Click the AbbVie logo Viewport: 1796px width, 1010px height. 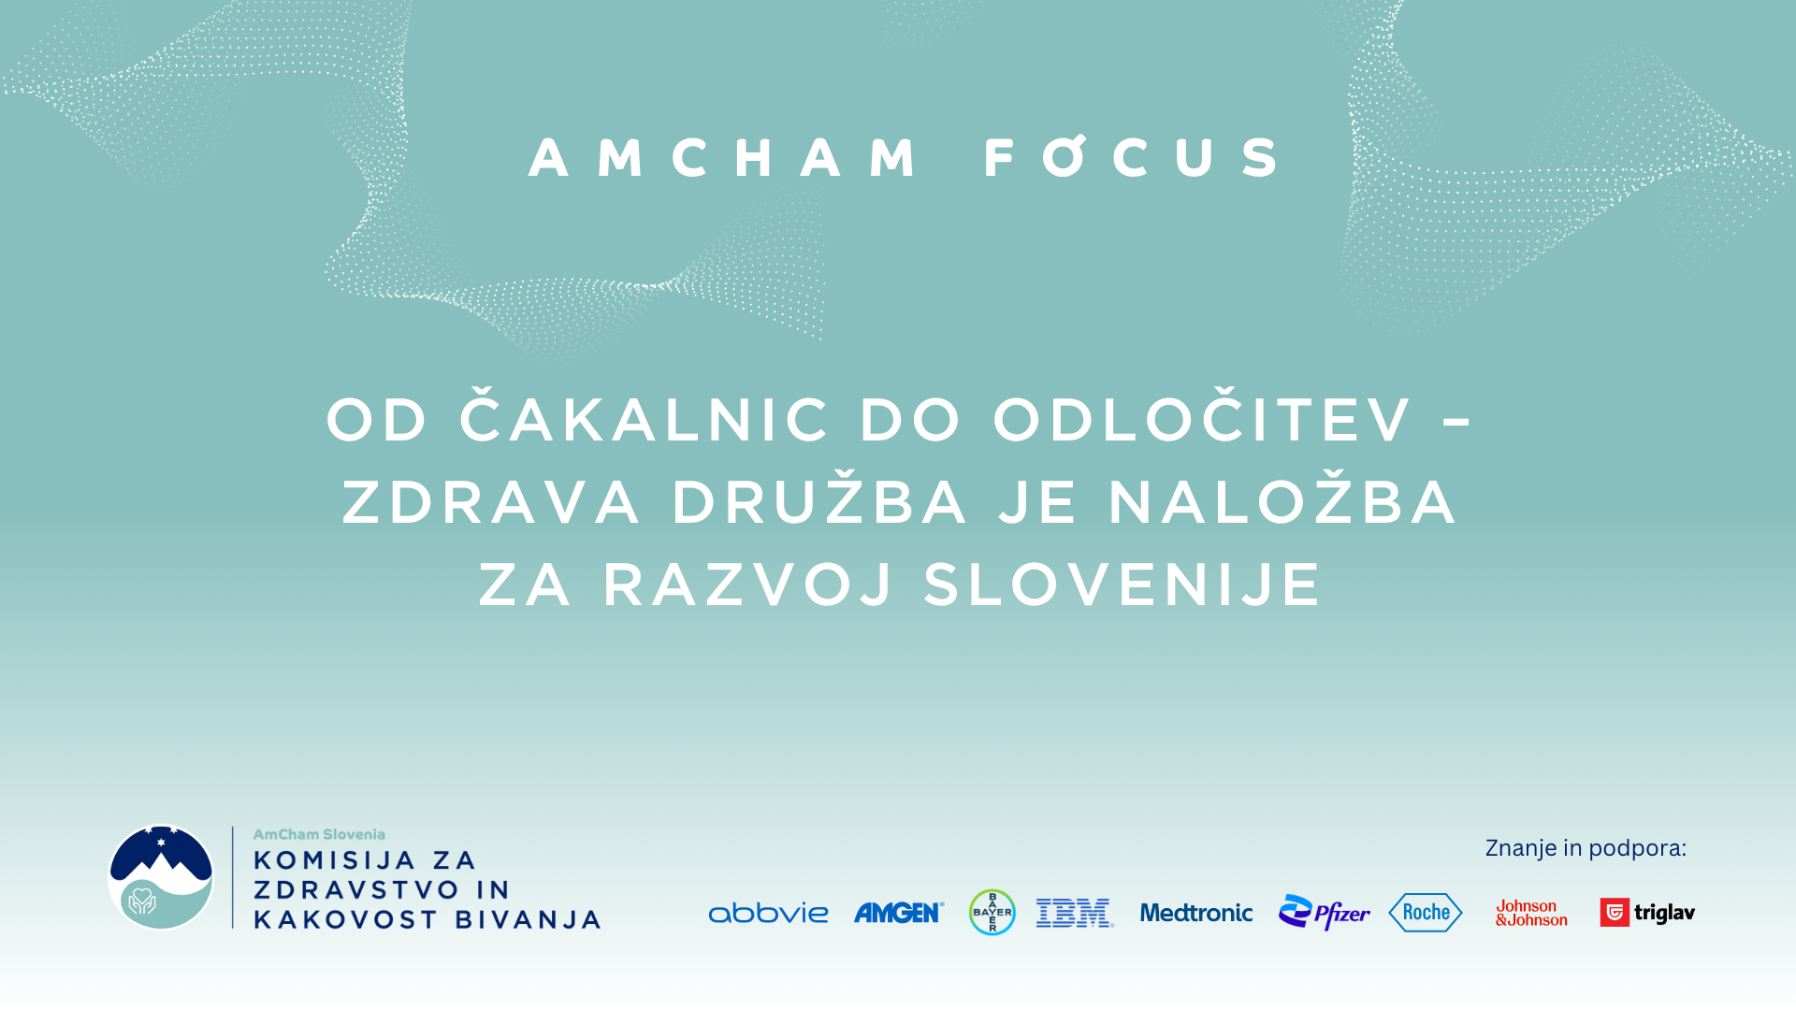(x=768, y=913)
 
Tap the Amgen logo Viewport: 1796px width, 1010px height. (x=899, y=913)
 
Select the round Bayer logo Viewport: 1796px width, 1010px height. (x=992, y=912)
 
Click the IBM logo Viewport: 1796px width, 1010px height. (x=1075, y=913)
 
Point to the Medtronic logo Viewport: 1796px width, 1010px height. (x=1196, y=913)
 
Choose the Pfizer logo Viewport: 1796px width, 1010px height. (x=1324, y=912)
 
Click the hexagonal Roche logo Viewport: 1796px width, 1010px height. (x=1426, y=912)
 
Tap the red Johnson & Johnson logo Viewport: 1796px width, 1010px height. (x=1531, y=913)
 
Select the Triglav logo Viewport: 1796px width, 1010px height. (x=1647, y=912)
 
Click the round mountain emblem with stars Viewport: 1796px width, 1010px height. (x=161, y=877)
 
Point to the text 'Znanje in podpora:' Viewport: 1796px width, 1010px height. (x=1586, y=848)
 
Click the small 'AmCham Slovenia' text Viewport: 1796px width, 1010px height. (x=319, y=834)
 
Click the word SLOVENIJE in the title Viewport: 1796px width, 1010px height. (x=1122, y=584)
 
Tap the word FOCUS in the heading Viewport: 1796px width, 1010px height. (x=1133, y=156)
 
